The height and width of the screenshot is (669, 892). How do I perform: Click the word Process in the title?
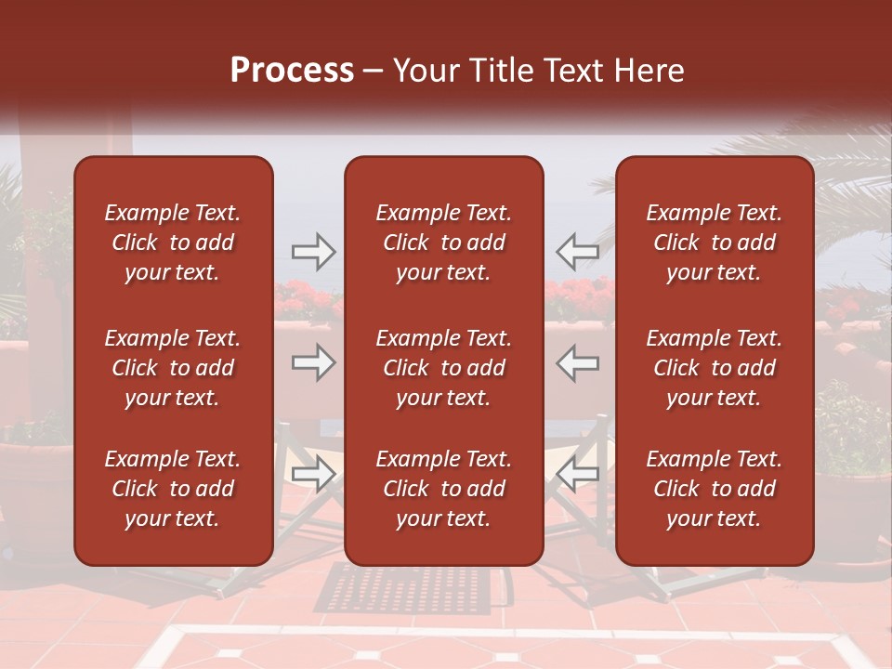click(292, 71)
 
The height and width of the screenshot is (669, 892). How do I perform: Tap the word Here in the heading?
click(648, 71)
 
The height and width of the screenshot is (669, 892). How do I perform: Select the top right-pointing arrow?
click(313, 250)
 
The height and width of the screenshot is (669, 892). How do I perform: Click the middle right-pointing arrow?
click(313, 362)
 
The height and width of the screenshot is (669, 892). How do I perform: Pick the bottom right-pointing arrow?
click(313, 475)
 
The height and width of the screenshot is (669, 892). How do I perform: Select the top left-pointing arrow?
click(577, 250)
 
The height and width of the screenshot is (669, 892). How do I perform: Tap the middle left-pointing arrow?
click(577, 362)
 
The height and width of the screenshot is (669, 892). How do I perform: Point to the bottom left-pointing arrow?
click(577, 475)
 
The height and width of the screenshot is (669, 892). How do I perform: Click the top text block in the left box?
click(173, 243)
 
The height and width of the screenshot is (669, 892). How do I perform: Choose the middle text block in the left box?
click(173, 368)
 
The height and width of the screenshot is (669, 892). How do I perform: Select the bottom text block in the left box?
click(173, 489)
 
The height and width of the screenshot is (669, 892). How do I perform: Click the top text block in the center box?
click(444, 243)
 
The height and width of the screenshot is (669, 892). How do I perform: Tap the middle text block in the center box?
click(444, 368)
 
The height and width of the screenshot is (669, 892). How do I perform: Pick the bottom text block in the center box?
click(444, 489)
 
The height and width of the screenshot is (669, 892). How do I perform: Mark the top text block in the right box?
click(715, 243)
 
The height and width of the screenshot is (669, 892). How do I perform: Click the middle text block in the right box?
click(715, 368)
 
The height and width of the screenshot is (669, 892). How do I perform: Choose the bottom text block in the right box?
click(715, 489)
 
